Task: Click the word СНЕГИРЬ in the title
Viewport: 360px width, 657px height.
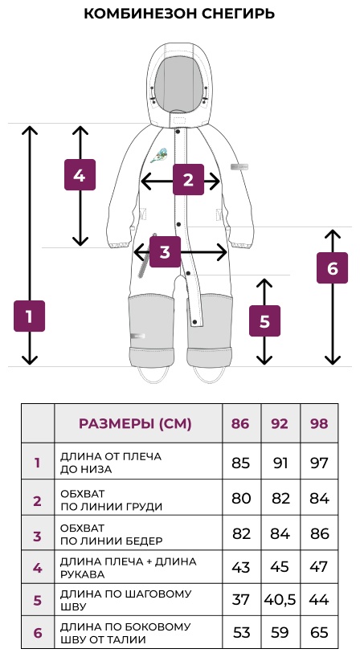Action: click(x=238, y=14)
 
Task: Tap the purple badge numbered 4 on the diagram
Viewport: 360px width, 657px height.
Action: click(x=80, y=175)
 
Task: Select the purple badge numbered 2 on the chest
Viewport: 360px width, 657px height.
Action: click(x=189, y=180)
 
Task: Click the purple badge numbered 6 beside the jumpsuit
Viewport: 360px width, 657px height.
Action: click(x=333, y=268)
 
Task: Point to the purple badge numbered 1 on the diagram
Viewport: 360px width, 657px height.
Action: click(x=30, y=316)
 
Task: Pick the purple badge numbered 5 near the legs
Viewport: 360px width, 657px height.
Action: click(x=265, y=321)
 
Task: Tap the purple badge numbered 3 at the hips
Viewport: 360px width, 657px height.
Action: click(x=165, y=252)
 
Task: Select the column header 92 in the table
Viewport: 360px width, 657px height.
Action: click(x=280, y=423)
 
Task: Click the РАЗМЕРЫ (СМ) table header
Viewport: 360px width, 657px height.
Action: click(x=135, y=423)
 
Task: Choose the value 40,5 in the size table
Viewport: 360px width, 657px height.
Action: click(x=280, y=599)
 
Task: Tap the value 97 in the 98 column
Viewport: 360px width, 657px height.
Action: click(x=319, y=463)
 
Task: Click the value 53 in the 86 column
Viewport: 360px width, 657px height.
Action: click(x=240, y=632)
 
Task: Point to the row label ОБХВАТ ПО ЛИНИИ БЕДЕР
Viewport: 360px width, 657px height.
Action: click(x=112, y=534)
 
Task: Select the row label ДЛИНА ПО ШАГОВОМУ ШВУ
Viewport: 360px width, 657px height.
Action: click(x=125, y=600)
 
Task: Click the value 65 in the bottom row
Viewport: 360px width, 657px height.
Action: click(x=319, y=632)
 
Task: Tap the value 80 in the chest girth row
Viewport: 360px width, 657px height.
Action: click(x=240, y=498)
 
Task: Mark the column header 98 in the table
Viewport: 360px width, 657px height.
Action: click(x=319, y=423)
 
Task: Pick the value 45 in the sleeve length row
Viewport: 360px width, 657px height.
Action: click(x=280, y=567)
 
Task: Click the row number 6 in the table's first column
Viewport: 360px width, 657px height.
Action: click(x=38, y=632)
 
